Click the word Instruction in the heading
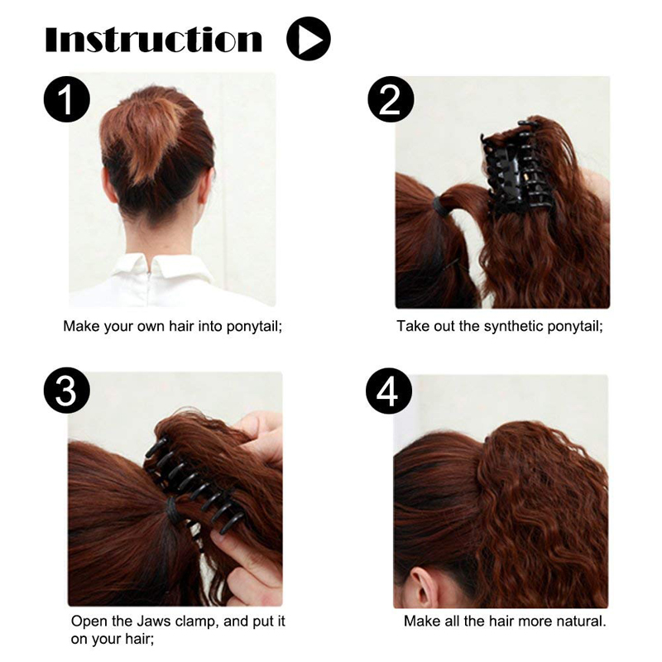pos(154,39)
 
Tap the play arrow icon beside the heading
pos(308,39)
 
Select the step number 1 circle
pos(67,100)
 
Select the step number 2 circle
pos(391,100)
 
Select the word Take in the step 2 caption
pos(412,326)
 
